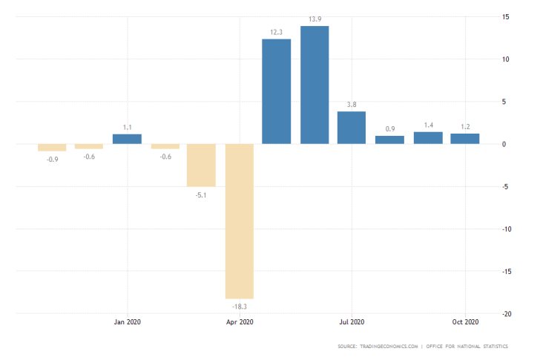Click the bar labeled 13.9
pyautogui.click(x=315, y=85)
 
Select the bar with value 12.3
pyautogui.click(x=277, y=91)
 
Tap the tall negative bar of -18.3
pyautogui.click(x=240, y=220)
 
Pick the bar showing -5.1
pyautogui.click(x=201, y=165)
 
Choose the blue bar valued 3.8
pyautogui.click(x=352, y=128)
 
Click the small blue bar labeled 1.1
pyautogui.click(x=127, y=139)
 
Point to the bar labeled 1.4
pyautogui.click(x=428, y=137)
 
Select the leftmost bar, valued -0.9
pyautogui.click(x=52, y=147)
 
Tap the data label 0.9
pyautogui.click(x=389, y=128)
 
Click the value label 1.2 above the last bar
pyautogui.click(x=465, y=126)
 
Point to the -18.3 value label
pyautogui.click(x=240, y=306)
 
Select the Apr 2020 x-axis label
pyautogui.click(x=240, y=321)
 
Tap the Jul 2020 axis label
pyautogui.click(x=352, y=321)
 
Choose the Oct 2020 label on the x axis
pyautogui.click(x=465, y=321)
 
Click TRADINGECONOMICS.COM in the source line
pyautogui.click(x=388, y=346)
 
